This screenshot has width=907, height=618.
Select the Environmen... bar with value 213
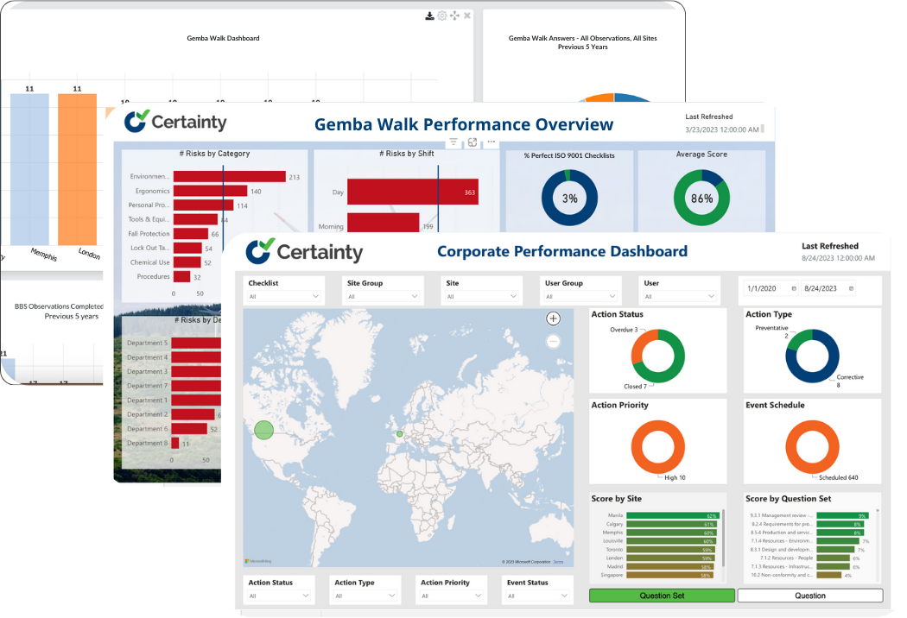point(229,177)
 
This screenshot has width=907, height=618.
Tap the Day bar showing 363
point(412,192)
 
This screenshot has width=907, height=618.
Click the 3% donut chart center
point(569,199)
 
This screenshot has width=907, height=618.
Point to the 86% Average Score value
point(701,199)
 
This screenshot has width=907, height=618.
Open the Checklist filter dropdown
point(284,296)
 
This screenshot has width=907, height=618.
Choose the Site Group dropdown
point(384,296)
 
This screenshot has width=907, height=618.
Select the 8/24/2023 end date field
point(822,288)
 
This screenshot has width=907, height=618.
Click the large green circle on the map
point(264,429)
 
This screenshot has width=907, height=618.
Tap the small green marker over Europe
point(399,434)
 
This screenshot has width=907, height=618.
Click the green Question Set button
point(662,596)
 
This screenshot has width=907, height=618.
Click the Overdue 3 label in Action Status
point(624,330)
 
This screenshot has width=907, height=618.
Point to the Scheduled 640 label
point(840,477)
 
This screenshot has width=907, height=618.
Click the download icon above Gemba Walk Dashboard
point(429,16)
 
